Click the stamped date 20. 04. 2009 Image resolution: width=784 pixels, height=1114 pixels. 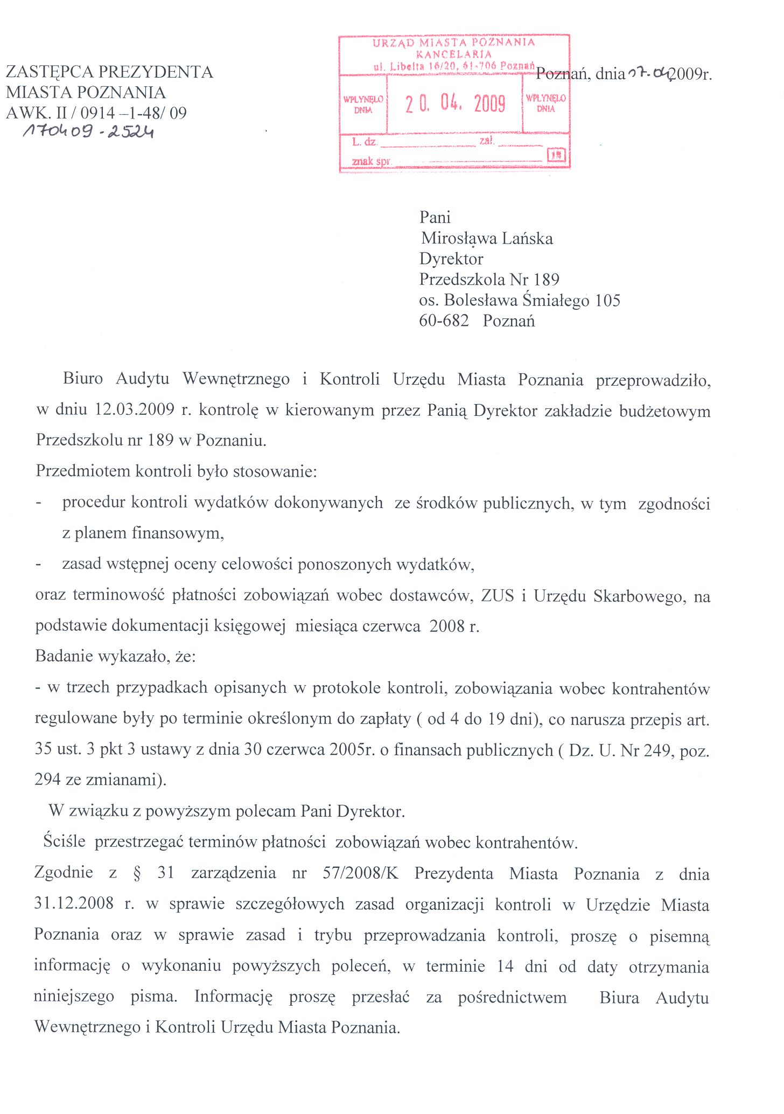point(455,103)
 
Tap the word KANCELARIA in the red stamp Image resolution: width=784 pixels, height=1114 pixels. point(453,54)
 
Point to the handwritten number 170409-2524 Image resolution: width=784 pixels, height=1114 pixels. point(88,131)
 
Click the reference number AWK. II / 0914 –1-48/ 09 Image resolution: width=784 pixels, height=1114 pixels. point(96,113)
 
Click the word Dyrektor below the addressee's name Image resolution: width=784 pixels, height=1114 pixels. point(451,259)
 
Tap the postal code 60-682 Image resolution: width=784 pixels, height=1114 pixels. point(444,321)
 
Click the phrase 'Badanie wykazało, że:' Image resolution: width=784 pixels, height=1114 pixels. point(115,656)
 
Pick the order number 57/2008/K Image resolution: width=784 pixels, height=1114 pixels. point(360,873)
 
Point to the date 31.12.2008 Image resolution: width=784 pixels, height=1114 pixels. point(74,903)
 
